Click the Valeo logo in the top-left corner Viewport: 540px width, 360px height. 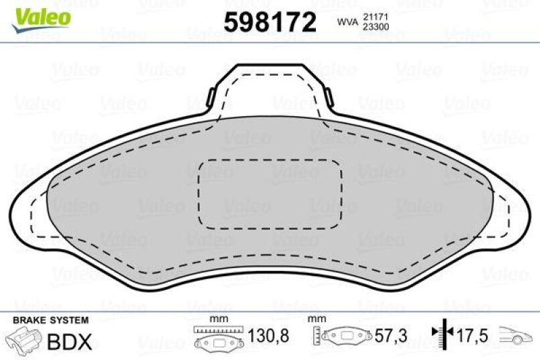tap(41, 20)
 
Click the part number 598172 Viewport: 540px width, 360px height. tap(269, 22)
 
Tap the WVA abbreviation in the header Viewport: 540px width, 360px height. tap(348, 22)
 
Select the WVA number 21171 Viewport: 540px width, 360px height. tap(376, 16)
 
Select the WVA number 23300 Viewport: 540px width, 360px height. tap(376, 27)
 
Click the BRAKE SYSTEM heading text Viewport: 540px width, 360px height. tap(51, 320)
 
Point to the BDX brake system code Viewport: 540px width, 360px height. tap(70, 341)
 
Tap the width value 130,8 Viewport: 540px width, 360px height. tap(268, 335)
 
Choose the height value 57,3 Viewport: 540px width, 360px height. tap(391, 335)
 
